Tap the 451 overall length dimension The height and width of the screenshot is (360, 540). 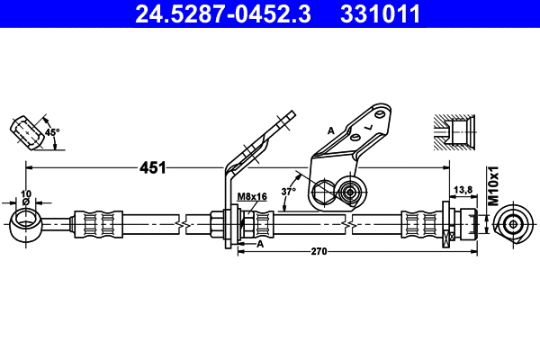[x=151, y=167]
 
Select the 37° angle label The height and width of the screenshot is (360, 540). [x=288, y=191]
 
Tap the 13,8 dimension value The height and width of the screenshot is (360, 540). [x=461, y=189]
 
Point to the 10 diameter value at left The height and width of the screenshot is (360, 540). [x=26, y=193]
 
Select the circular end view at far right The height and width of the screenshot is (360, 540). [x=513, y=223]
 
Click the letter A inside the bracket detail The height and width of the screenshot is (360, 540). [x=331, y=131]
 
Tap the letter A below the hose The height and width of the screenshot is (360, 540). [x=260, y=244]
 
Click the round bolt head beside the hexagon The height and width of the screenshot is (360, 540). [x=349, y=191]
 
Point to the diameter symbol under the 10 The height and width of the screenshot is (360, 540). [x=26, y=202]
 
